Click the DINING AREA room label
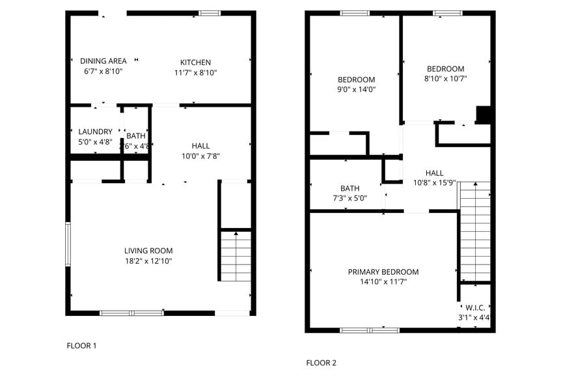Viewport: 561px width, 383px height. click(103, 61)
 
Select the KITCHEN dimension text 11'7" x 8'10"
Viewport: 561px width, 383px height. click(195, 73)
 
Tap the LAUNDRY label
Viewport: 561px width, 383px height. click(95, 131)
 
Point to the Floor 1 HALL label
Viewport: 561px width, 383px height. click(200, 145)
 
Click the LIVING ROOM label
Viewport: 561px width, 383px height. click(148, 251)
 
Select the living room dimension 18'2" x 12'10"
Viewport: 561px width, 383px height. click(148, 261)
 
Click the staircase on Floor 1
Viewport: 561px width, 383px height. click(236, 255)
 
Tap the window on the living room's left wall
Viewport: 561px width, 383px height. click(68, 244)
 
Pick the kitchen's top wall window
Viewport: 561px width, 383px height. click(209, 13)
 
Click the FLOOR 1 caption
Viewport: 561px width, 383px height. click(81, 346)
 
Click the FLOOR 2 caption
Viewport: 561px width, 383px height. click(321, 363)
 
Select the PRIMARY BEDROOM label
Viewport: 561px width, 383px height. click(383, 272)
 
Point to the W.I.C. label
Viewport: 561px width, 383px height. click(473, 307)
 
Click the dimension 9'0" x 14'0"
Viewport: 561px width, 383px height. click(356, 89)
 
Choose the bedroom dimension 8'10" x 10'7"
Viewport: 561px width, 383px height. click(446, 78)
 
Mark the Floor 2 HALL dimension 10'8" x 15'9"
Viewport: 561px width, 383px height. click(434, 183)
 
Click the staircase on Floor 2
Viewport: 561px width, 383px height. click(474, 231)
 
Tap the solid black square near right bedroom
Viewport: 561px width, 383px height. click(484, 114)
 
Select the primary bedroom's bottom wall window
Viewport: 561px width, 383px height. click(370, 330)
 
